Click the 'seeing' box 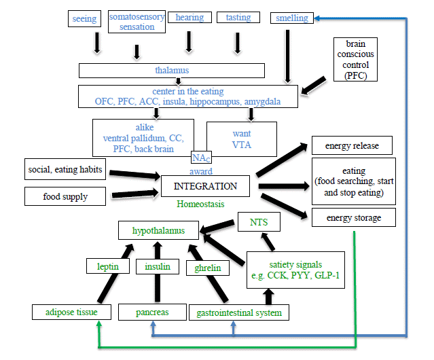(84, 18)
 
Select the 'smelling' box (292, 18)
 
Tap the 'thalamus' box (172, 71)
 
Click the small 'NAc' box (201, 158)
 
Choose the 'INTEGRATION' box (205, 186)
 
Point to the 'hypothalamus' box (158, 230)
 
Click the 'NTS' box (259, 221)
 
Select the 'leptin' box (108, 266)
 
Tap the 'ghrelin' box (208, 268)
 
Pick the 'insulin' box (158, 266)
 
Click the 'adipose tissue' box (71, 312)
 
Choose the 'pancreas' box (152, 312)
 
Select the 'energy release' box (352, 145)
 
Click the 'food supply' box (65, 196)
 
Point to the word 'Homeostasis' (200, 204)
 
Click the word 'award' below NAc (201, 171)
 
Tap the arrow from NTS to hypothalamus (217, 226)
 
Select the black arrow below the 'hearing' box (189, 42)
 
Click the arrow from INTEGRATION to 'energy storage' (284, 206)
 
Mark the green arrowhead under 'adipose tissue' (98, 323)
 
